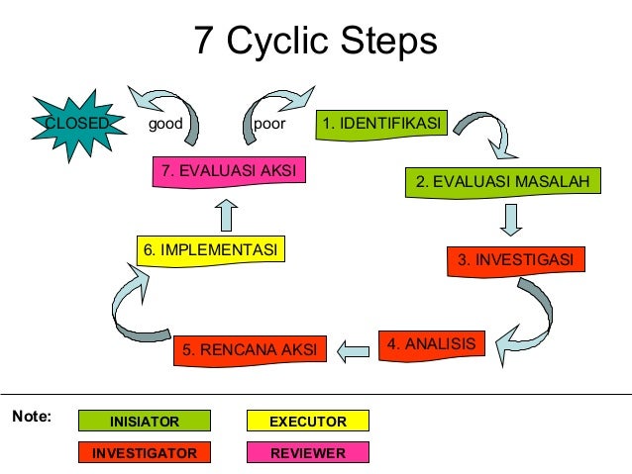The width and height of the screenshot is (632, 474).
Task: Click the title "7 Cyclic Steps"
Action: point(315,42)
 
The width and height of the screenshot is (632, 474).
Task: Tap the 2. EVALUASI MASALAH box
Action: point(502,182)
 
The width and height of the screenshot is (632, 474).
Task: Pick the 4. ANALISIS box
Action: point(431,344)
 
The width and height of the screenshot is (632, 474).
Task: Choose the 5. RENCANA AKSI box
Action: point(250,349)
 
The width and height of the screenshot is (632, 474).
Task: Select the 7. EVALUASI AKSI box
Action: point(228,170)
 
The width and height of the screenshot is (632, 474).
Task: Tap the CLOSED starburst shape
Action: point(76,125)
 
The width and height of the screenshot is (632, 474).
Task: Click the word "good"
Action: point(164,125)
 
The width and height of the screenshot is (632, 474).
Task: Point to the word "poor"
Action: point(269,125)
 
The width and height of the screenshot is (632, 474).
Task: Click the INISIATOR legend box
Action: point(145,422)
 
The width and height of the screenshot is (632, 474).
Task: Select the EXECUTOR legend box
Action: point(308,422)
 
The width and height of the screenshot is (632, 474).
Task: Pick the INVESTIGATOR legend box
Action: point(145,453)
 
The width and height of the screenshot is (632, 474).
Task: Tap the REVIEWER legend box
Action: point(308,453)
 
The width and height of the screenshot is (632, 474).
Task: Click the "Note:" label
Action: point(31,417)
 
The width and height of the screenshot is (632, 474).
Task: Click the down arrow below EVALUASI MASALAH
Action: point(511,220)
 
